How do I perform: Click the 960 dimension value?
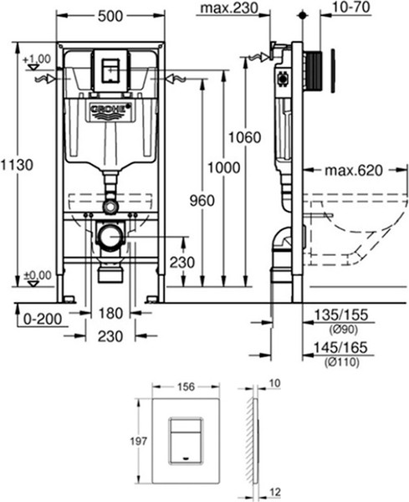(202, 201)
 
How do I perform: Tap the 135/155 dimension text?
(337, 315)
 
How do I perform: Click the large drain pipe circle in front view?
(110, 238)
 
